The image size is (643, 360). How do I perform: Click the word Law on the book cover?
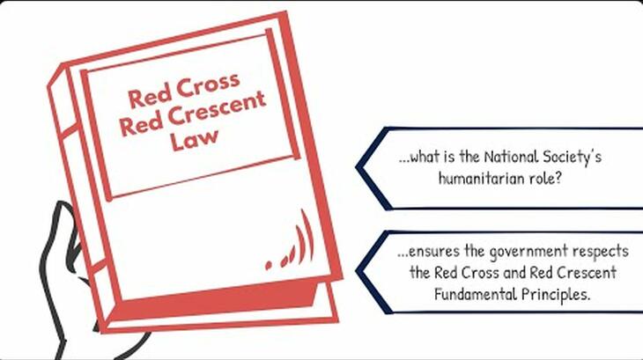pyautogui.click(x=194, y=139)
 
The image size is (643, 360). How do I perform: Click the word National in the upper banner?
pyautogui.click(x=511, y=157)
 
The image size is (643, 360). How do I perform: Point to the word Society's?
pyautogui.click(x=572, y=158)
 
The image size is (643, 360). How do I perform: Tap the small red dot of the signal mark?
pyautogui.click(x=268, y=265)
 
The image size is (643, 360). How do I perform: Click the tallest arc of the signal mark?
pyautogui.click(x=308, y=235)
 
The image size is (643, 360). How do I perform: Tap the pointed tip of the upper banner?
pyautogui.click(x=357, y=167)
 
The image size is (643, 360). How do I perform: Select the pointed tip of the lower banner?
pyautogui.click(x=357, y=271)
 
